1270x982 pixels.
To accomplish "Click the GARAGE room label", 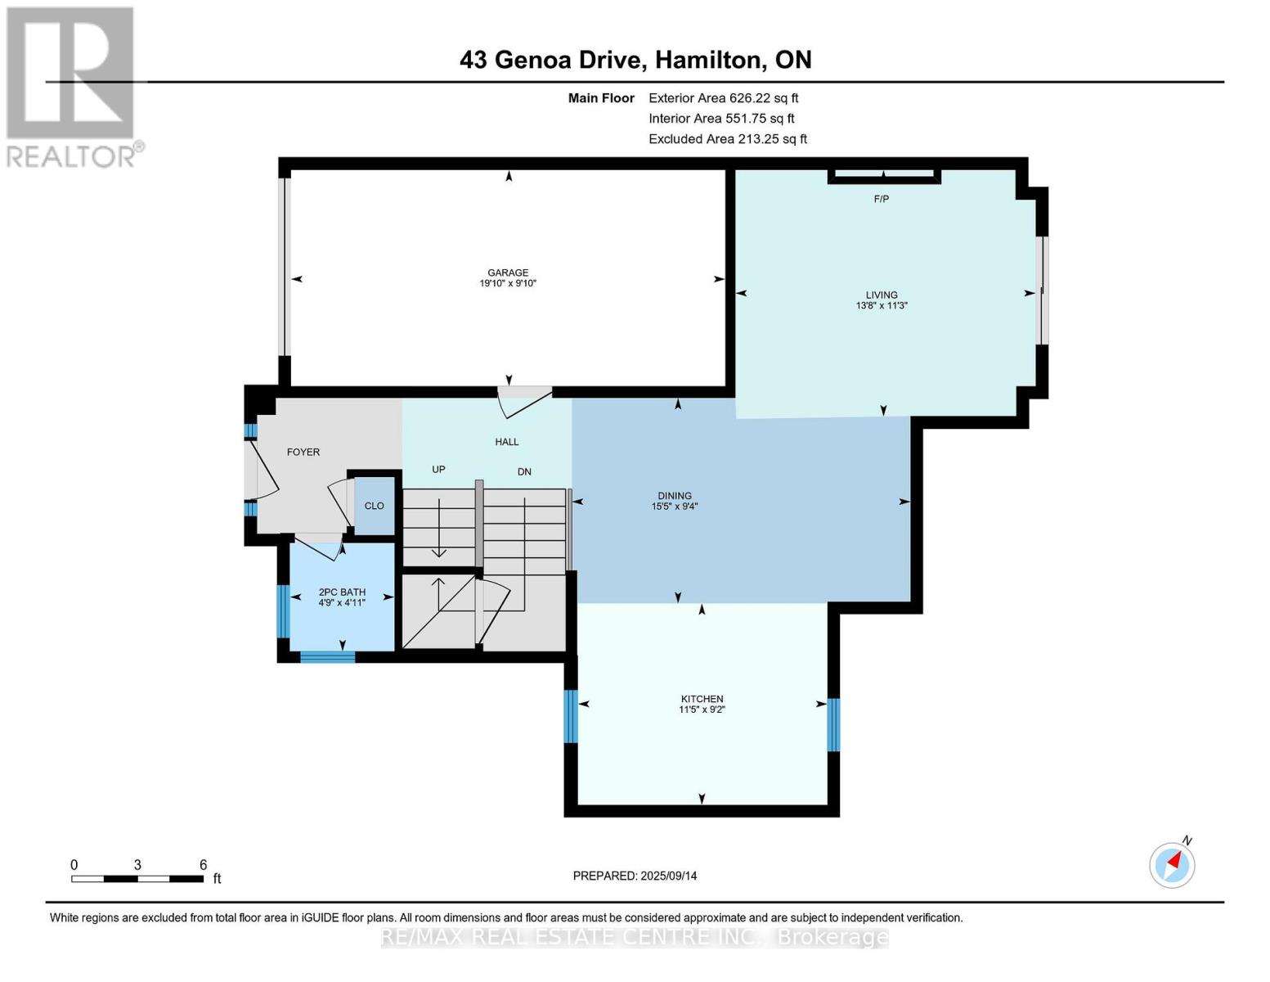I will click(x=508, y=273).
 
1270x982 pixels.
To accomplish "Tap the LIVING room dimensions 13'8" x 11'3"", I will click(x=882, y=306).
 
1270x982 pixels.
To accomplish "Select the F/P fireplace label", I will click(x=881, y=199).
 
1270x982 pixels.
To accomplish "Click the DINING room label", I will click(x=675, y=496).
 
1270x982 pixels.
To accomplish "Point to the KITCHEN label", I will click(x=702, y=699).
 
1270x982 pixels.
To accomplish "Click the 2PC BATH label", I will click(x=342, y=592).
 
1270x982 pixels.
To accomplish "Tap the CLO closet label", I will click(x=374, y=506).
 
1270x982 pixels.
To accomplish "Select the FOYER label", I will click(x=303, y=452).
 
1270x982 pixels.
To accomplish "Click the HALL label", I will click(x=507, y=442).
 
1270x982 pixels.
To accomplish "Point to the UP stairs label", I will click(x=438, y=470).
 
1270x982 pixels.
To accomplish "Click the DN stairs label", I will click(x=524, y=471).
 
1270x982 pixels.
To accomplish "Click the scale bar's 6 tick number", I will click(x=203, y=865).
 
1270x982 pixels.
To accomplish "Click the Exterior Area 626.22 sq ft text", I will click(x=723, y=97).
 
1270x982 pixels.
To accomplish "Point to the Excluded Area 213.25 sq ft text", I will click(x=728, y=139).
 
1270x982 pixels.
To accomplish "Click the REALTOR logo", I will click(x=72, y=86).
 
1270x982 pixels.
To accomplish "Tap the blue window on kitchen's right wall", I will click(x=833, y=724).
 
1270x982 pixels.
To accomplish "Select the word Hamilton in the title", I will click(x=709, y=60).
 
